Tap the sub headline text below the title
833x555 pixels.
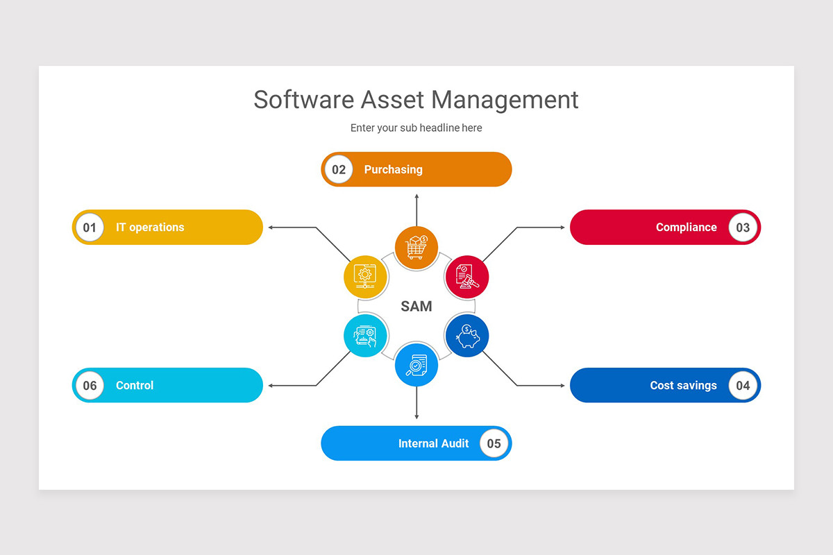point(416,128)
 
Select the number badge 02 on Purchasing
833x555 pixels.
point(339,169)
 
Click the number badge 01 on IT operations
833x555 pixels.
point(90,227)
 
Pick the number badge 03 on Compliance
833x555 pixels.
point(743,227)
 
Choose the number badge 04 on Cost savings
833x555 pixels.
point(743,385)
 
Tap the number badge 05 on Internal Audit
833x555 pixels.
point(494,443)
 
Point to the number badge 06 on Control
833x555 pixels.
point(90,385)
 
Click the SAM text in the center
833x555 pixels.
point(416,306)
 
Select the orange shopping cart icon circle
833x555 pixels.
point(416,248)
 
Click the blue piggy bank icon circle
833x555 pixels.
point(467,336)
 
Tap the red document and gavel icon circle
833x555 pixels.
point(467,277)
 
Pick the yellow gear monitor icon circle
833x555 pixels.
point(365,277)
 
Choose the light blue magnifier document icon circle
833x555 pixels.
point(416,365)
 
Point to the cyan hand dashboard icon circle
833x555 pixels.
point(365,336)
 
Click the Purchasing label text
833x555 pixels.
point(393,169)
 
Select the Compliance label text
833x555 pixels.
point(686,227)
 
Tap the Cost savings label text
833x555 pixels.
point(683,385)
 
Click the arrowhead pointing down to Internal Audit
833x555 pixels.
point(416,416)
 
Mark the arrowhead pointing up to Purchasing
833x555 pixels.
point(416,196)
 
